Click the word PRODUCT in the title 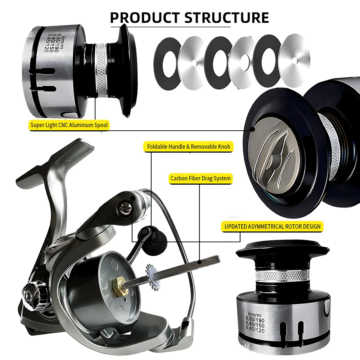click(x=145, y=17)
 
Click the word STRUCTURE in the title click(x=227, y=17)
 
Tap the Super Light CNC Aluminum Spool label click(x=69, y=125)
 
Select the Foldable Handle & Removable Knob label click(x=189, y=147)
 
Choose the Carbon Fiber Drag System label click(x=201, y=179)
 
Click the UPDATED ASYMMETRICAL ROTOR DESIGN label click(x=272, y=226)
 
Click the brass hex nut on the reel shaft click(x=119, y=285)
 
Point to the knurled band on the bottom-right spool click(x=282, y=275)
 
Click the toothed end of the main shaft click(x=210, y=260)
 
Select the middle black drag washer click(x=219, y=62)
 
